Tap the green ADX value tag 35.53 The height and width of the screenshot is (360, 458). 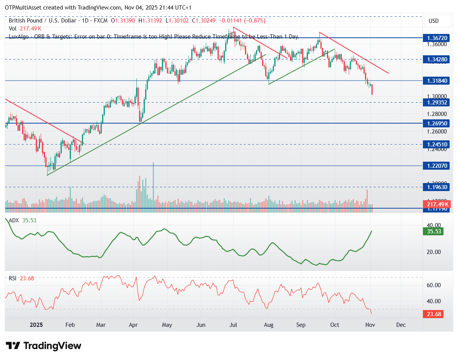434,231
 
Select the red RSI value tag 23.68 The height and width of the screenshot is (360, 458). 434,314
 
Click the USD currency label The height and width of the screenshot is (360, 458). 434,21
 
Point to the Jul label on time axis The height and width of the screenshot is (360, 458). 234,325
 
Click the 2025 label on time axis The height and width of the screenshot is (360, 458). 37,325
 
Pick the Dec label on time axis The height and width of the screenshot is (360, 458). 401,325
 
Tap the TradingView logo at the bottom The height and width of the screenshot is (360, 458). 44,346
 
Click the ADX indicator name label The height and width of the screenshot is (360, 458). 14,220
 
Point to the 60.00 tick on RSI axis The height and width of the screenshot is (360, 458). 433,285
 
